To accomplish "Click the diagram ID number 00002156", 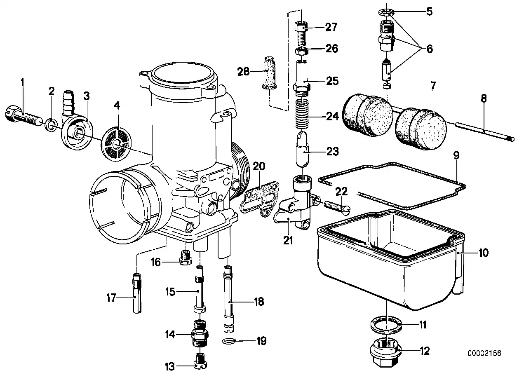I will (484, 353).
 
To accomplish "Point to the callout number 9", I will (456, 155).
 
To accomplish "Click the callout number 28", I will (243, 72).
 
